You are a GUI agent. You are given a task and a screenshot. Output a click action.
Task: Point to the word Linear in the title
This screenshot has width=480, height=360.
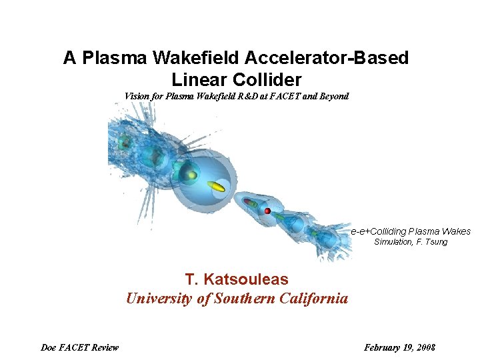point(198,80)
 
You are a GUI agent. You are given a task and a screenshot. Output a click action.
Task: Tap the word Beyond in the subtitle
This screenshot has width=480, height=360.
point(333,96)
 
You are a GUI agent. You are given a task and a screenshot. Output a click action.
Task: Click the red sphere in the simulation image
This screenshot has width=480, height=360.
point(267,211)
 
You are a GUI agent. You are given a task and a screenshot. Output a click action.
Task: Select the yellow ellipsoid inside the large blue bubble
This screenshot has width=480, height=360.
point(216,186)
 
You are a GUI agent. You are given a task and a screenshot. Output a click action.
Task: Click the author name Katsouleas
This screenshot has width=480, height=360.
point(247,279)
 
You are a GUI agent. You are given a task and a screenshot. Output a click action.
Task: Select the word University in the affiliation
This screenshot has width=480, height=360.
point(159,298)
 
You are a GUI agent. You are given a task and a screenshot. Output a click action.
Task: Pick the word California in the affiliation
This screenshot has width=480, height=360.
point(313,298)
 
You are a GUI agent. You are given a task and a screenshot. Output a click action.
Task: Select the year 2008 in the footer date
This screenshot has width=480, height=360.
point(425,347)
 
